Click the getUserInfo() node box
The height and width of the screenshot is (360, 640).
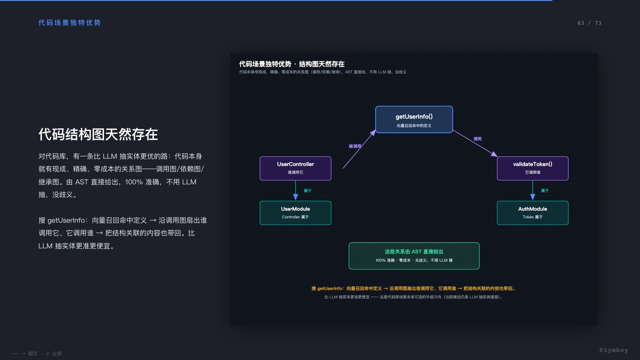(414, 119)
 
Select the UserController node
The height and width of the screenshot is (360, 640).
(295, 168)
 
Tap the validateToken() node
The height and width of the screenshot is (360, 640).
(533, 168)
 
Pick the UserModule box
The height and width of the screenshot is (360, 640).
(295, 213)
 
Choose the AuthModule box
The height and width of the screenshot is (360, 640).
(533, 213)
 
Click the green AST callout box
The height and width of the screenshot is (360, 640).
(414, 256)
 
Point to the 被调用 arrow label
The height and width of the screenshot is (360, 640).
(355, 146)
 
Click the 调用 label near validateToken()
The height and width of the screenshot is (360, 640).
(477, 139)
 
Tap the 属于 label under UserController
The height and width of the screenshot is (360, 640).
(307, 191)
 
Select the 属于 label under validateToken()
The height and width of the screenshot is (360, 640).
(545, 191)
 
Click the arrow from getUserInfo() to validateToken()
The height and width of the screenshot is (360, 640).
(475, 143)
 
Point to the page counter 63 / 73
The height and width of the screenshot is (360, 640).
(589, 23)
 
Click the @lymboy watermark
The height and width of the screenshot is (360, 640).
(614, 350)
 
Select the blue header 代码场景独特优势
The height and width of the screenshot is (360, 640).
(69, 23)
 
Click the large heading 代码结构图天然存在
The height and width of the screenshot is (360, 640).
(98, 134)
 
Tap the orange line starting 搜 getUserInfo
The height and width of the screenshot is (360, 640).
(414, 289)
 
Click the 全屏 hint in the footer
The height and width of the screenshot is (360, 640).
(57, 354)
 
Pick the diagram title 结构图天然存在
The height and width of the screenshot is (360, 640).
(322, 64)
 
